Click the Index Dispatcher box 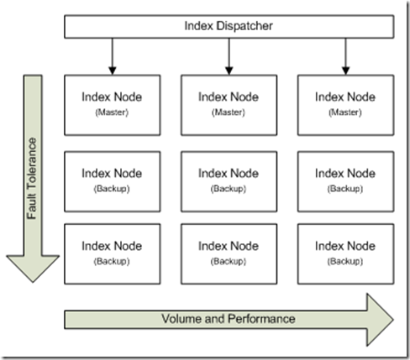[228, 26]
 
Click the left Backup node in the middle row [111, 179]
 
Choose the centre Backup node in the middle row [228, 179]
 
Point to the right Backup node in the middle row [345, 179]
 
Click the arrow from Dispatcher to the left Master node [111, 56]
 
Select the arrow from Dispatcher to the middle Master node [228, 56]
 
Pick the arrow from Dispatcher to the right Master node [345, 56]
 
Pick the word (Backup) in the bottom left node [111, 260]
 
